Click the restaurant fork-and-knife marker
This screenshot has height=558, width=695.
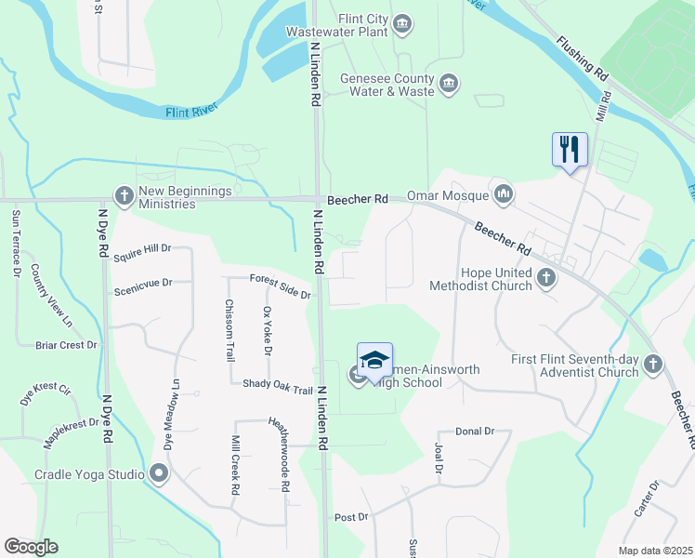[570, 149]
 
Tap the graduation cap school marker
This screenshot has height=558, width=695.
[374, 360]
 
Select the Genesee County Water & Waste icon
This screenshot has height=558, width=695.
[449, 85]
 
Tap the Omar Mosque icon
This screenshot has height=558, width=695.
[505, 193]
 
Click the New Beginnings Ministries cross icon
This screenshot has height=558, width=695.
[123, 196]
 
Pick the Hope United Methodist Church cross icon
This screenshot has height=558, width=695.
[546, 278]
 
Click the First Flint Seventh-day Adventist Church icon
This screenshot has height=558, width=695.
[653, 365]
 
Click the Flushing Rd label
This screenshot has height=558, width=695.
[583, 58]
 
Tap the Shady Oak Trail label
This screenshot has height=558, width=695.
[278, 384]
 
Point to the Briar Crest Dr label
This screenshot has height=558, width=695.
[65, 345]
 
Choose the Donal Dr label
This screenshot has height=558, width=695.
[475, 432]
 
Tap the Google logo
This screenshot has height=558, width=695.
[31, 547]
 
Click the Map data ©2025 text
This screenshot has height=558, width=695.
[655, 551]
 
